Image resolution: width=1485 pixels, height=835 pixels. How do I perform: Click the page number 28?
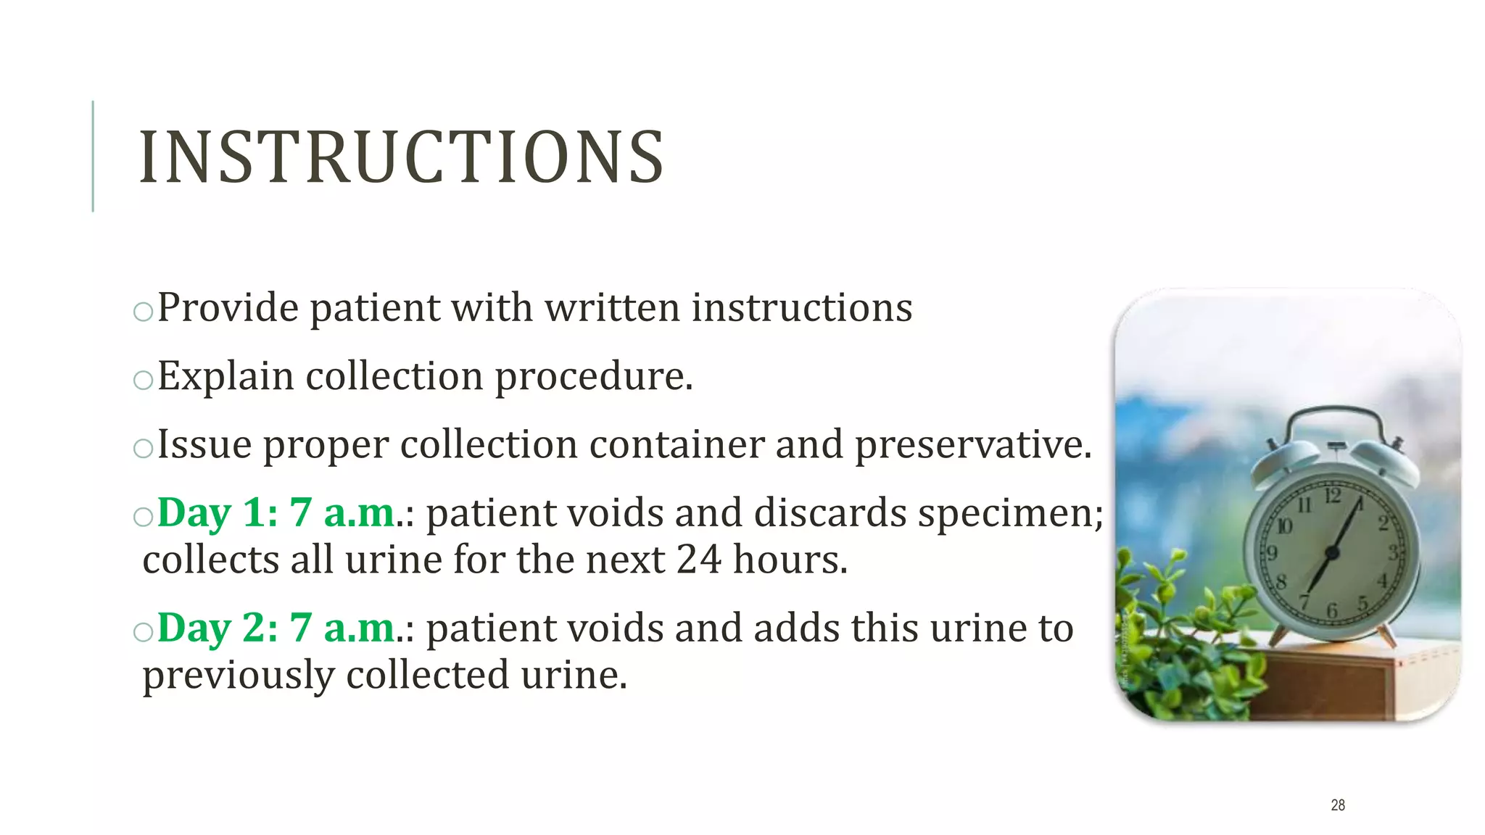click(1338, 805)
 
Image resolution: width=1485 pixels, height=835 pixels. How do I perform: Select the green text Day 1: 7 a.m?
click(276, 512)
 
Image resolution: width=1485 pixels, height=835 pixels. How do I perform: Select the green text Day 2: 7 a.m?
click(276, 628)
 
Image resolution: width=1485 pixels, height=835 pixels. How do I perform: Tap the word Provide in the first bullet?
click(228, 307)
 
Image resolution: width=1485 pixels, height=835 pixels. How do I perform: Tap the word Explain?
click(226, 376)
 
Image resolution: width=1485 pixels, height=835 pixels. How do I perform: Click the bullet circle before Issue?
click(144, 448)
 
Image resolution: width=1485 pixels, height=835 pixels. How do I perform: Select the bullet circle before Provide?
click(144, 311)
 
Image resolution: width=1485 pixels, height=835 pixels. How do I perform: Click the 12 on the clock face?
click(1333, 496)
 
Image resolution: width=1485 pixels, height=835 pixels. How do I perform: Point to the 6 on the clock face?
click(1331, 611)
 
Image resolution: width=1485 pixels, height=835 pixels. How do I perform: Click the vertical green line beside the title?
click(93, 156)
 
